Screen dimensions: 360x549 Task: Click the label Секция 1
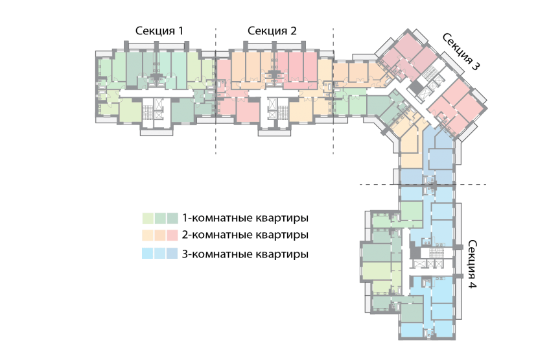click(x=159, y=31)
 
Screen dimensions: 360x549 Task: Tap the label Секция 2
click(x=272, y=31)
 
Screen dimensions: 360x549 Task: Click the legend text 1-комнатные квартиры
click(x=244, y=217)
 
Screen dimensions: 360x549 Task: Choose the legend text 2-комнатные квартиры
click(x=244, y=235)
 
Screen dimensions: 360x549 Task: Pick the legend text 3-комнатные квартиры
click(x=244, y=254)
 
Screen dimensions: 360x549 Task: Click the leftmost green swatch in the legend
click(x=148, y=217)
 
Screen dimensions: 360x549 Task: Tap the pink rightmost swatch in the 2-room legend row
click(x=172, y=235)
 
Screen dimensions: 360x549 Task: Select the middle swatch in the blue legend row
click(x=160, y=254)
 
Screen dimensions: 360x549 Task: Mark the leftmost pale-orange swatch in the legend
click(x=148, y=235)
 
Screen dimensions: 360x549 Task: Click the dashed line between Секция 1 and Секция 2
click(x=215, y=91)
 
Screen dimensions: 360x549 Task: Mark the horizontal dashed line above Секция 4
click(x=421, y=185)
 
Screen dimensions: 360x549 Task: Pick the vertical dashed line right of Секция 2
click(x=333, y=91)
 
